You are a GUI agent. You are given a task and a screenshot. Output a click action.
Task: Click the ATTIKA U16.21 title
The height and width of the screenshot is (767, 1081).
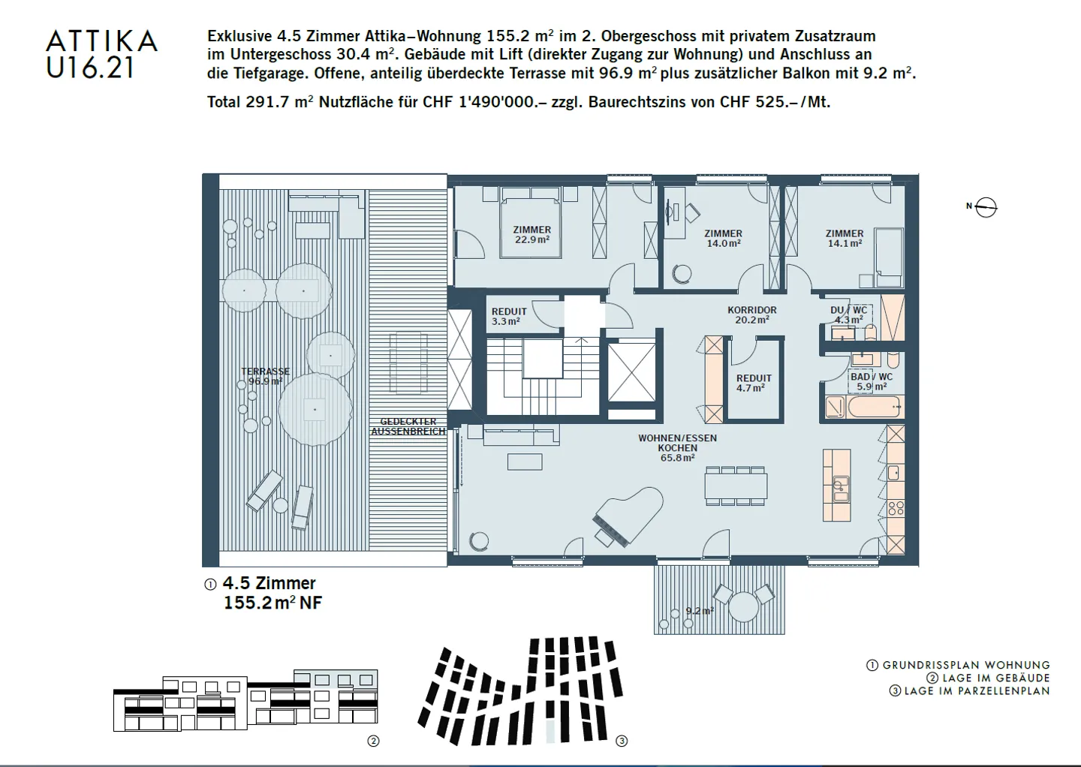click(101, 54)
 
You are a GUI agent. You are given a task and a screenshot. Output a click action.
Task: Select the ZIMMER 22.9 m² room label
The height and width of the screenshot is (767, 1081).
click(531, 235)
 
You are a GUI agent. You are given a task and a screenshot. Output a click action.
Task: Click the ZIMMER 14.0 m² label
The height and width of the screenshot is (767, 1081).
click(723, 238)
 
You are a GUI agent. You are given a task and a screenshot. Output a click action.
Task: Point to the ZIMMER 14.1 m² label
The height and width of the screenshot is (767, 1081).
click(844, 238)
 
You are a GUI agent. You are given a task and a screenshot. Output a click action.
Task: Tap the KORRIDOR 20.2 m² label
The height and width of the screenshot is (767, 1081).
click(751, 314)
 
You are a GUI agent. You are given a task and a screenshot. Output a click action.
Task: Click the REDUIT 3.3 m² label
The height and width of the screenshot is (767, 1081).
click(508, 316)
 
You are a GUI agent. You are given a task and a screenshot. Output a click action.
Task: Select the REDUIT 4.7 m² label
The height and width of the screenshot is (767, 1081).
click(753, 383)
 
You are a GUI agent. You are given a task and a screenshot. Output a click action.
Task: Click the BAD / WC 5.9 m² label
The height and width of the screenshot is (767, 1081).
click(871, 381)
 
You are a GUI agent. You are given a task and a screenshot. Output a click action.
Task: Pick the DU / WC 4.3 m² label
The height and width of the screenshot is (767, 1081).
click(848, 314)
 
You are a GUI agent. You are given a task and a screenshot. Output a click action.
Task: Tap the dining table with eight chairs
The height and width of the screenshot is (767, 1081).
click(736, 485)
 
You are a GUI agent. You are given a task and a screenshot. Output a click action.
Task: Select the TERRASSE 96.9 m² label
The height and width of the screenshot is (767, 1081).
click(265, 376)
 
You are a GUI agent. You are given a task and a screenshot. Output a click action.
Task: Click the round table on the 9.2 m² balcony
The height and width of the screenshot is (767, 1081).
click(744, 606)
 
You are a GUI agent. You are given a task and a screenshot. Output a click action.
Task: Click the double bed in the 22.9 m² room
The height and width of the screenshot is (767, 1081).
click(531, 222)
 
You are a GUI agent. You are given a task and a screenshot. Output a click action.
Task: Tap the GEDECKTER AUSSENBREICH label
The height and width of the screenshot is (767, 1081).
click(408, 426)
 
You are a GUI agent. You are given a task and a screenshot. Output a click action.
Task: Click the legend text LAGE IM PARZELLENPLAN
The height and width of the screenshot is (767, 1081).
click(976, 690)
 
